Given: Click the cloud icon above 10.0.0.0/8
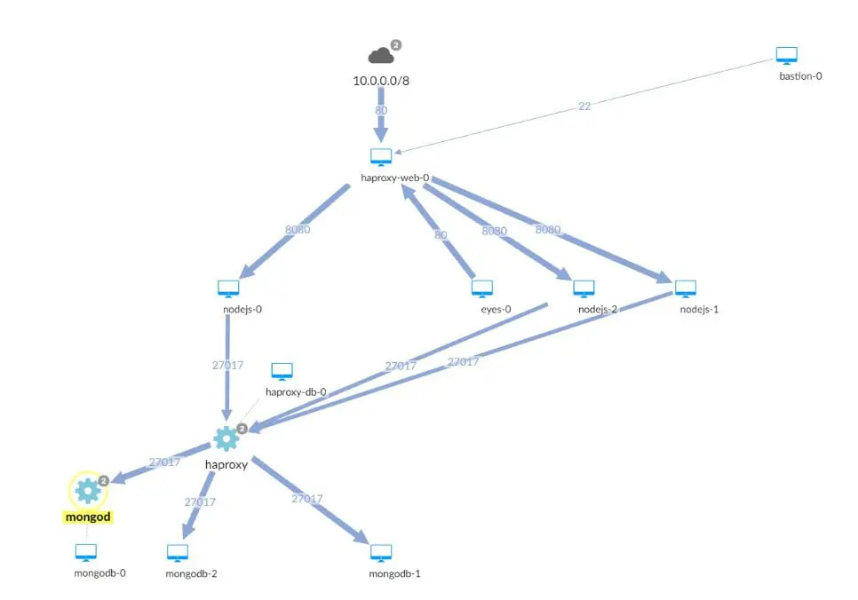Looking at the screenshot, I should [380, 57].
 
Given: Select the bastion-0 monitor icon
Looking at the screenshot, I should [786, 55].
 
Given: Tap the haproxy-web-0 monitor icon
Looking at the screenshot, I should [381, 157].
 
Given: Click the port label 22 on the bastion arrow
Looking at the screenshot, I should [584, 107].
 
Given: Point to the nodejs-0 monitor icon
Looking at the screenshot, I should [228, 288].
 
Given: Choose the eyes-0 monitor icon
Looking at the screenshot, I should [482, 288].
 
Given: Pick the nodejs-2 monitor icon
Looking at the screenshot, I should [584, 288].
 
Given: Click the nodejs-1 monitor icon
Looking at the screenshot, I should [685, 288].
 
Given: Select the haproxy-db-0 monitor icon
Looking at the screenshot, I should [282, 371].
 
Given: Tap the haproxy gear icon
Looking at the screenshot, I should [226, 438].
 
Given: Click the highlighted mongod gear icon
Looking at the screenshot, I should [87, 489].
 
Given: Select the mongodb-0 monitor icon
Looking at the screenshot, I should [86, 553].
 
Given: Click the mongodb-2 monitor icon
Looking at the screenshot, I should [178, 553].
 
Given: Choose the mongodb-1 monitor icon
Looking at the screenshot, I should [381, 553].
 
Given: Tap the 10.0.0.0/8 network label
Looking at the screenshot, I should [381, 81].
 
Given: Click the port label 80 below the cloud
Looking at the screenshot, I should [381, 111].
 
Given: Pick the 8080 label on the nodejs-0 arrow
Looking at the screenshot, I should [298, 229].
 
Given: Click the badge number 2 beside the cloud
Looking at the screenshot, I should [396, 44].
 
